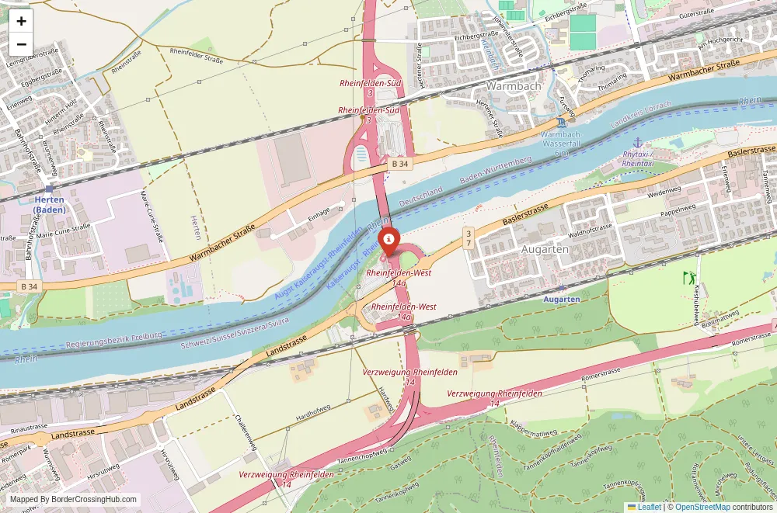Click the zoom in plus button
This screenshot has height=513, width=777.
point(21,21)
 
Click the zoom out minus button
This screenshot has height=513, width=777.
point(21,44)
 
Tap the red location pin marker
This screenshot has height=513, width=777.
point(388,241)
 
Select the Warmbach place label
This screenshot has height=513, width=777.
point(513,86)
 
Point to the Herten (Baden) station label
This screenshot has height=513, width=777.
point(49,204)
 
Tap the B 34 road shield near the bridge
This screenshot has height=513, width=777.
point(400,164)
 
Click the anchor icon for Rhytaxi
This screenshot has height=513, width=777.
point(638,142)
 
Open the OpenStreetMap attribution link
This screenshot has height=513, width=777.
point(702,507)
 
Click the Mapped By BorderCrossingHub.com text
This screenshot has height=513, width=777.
point(74,500)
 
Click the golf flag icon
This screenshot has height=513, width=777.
point(688,277)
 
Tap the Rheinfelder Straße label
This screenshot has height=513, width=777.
point(196,56)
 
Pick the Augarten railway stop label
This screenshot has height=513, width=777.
point(561,299)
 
